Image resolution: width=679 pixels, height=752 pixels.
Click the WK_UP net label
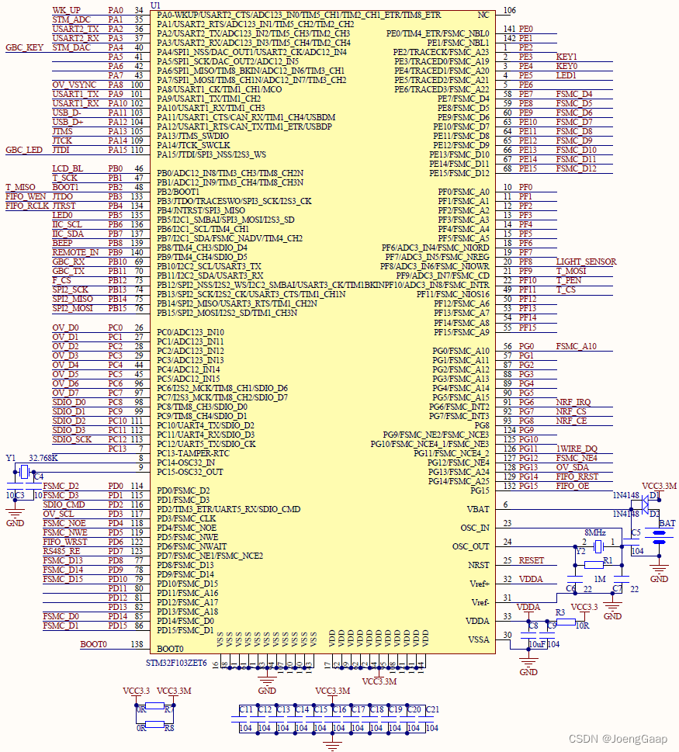pyautogui.click(x=66, y=10)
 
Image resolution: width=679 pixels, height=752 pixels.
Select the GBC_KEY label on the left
pyautogui.click(x=24, y=47)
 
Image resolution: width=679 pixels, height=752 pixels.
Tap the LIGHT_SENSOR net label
pyautogui.click(x=586, y=262)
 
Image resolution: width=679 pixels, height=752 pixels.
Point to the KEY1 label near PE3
pyautogui.click(x=566, y=57)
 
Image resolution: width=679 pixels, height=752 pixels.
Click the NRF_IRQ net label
pyautogui.click(x=573, y=402)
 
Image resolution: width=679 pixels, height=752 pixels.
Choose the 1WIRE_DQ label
pyautogui.click(x=577, y=449)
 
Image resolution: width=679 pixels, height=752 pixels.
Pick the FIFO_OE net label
pyautogui.click(x=572, y=486)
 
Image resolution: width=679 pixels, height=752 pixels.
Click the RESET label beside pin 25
pyautogui.click(x=532, y=560)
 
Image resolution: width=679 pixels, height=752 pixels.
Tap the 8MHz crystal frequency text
pyautogui.click(x=595, y=532)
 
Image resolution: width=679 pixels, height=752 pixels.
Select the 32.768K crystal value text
pyautogui.click(x=43, y=458)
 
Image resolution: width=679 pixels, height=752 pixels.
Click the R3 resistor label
pyautogui.click(x=559, y=612)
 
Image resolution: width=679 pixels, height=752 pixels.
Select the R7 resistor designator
pyautogui.click(x=168, y=709)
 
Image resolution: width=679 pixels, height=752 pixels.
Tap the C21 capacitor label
pyautogui.click(x=432, y=709)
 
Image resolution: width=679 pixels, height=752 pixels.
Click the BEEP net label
pyautogui.click(x=63, y=243)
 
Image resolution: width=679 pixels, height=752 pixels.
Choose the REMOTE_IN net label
pyautogui.click(x=75, y=252)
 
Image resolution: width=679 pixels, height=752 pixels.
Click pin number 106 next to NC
pyautogui.click(x=510, y=10)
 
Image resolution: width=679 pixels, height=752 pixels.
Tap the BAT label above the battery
pyautogui.click(x=667, y=523)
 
